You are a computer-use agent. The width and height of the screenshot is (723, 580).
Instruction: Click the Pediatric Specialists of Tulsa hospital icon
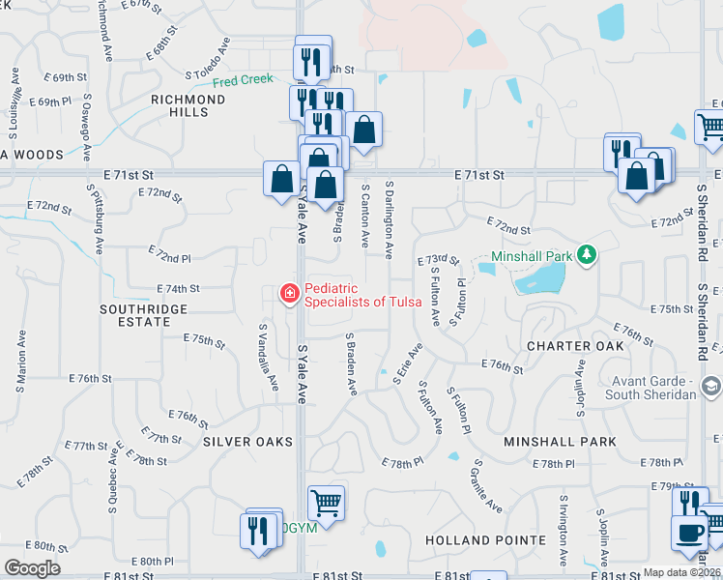click(x=288, y=293)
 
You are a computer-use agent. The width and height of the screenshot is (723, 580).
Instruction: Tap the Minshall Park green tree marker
click(x=586, y=255)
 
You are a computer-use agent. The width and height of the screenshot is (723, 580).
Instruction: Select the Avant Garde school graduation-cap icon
click(x=711, y=386)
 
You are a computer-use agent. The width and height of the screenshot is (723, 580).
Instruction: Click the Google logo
click(x=32, y=568)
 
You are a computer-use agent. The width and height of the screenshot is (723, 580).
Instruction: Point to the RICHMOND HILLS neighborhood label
click(x=188, y=105)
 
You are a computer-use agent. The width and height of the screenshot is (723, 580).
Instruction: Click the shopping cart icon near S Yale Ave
click(x=326, y=503)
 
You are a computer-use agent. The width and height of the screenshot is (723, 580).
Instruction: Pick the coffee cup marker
click(x=689, y=533)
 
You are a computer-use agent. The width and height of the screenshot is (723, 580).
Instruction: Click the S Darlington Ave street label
click(x=389, y=218)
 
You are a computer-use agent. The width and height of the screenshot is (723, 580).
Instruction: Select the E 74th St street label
click(x=178, y=288)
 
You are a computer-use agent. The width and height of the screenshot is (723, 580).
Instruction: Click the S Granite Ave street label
click(x=488, y=486)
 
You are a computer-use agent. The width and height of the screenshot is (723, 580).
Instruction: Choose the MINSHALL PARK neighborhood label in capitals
click(x=561, y=441)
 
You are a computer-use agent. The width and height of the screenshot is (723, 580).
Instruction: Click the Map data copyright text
click(x=681, y=572)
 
